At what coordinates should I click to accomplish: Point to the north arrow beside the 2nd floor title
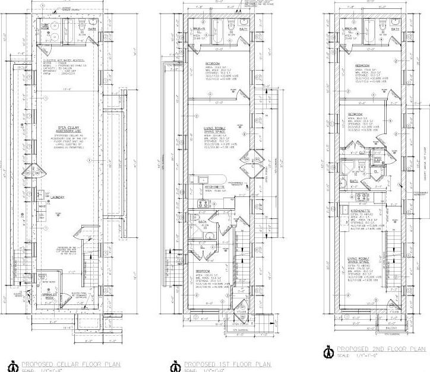click(x=326, y=350)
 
